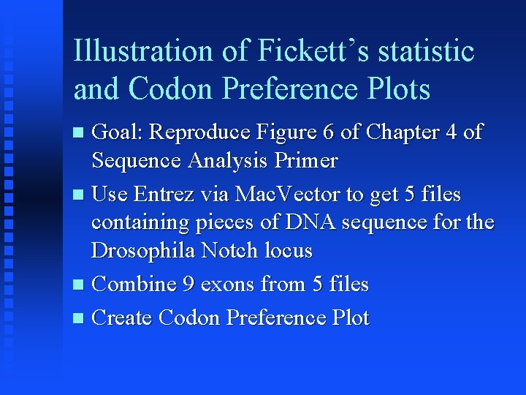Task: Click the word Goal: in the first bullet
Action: [118, 132]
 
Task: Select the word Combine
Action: [134, 284]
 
